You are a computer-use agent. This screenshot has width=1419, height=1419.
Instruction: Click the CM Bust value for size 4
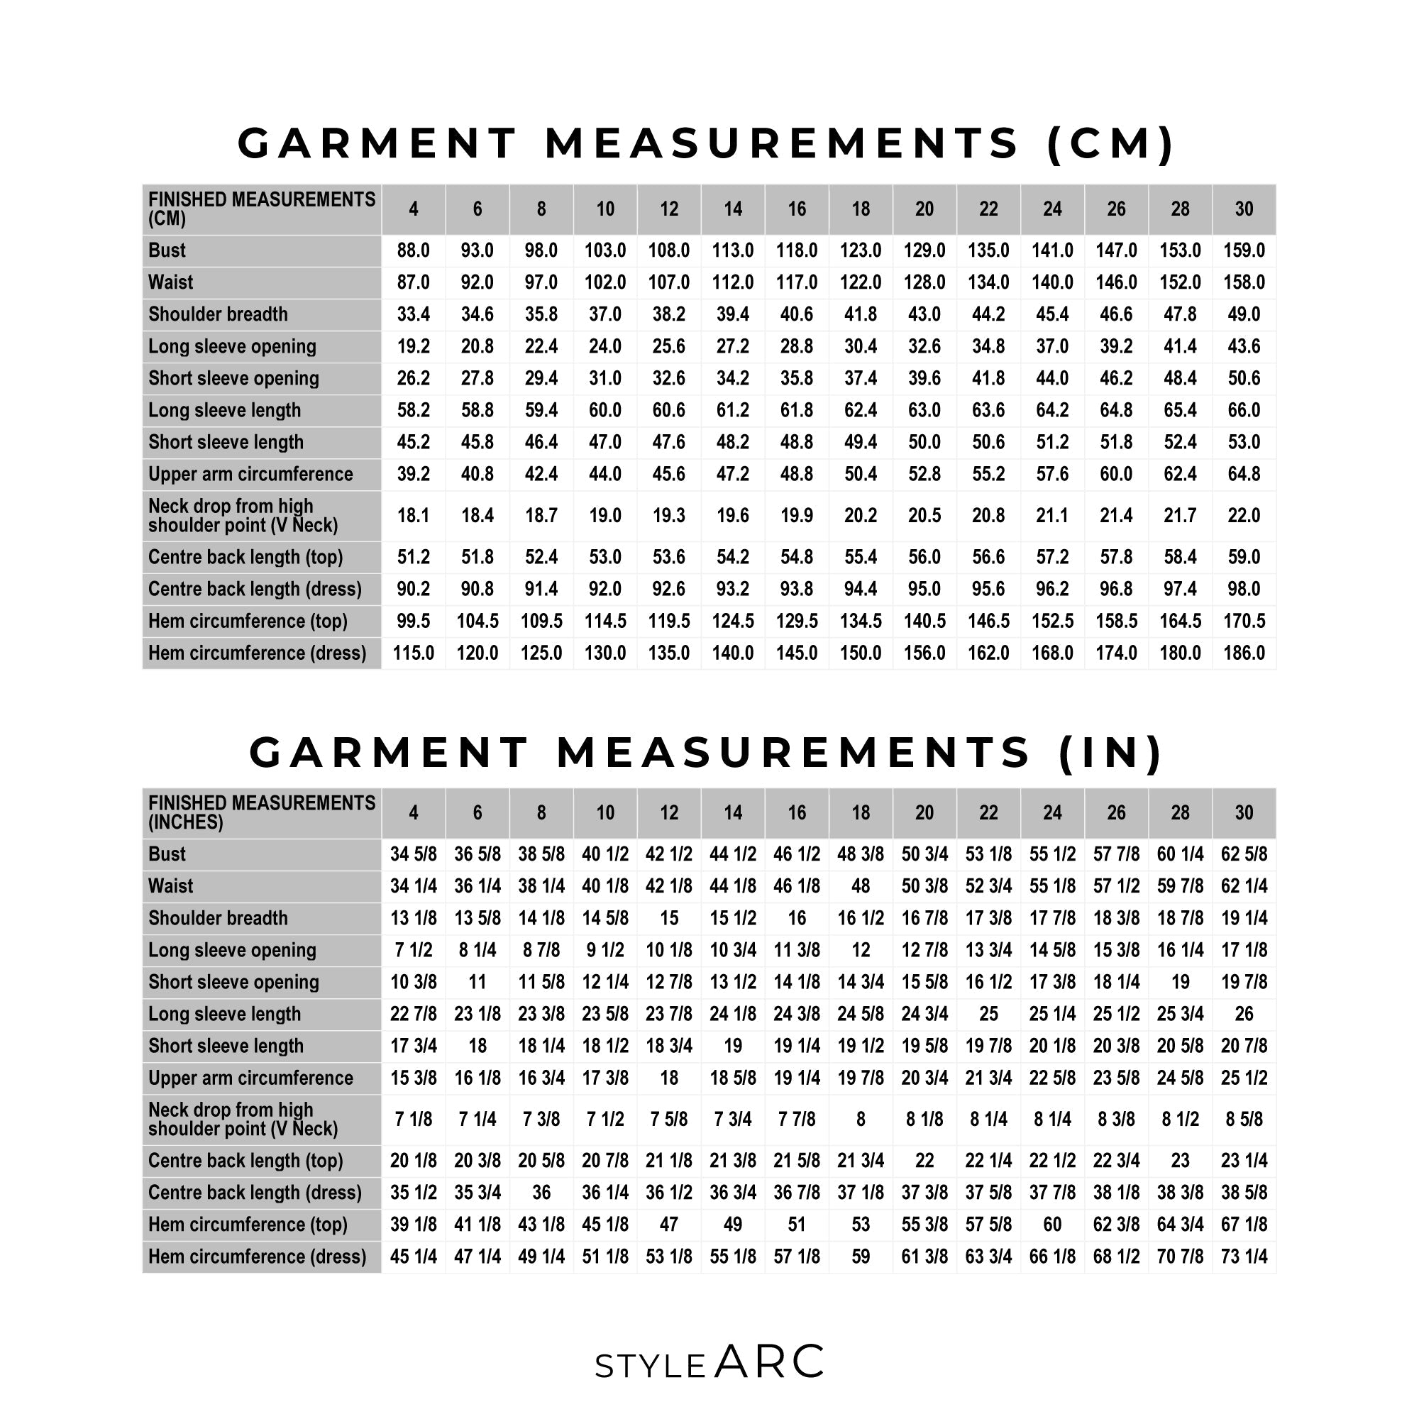coord(413,250)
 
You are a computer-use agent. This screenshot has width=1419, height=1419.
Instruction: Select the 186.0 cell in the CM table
coord(1244,653)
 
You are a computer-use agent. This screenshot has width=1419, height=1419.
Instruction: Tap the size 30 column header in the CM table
coord(1244,209)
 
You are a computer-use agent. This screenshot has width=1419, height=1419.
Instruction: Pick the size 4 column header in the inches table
coord(413,813)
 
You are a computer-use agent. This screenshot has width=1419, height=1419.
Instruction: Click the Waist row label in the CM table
coord(170,283)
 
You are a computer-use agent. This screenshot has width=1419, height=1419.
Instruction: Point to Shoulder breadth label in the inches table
coord(218,918)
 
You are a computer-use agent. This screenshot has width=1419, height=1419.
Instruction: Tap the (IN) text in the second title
coord(1110,753)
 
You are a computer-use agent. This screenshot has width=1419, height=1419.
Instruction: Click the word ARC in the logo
coord(770,1362)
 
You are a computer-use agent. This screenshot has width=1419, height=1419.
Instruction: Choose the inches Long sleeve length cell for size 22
coord(988,1015)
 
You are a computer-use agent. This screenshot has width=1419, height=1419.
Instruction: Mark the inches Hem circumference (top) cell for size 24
coord(1051,1225)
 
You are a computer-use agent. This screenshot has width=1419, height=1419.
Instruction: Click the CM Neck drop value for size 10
coord(604,516)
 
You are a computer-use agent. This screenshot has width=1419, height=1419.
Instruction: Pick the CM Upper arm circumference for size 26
coord(1115,475)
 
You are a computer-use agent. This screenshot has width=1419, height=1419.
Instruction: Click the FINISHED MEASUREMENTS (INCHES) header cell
coord(262,813)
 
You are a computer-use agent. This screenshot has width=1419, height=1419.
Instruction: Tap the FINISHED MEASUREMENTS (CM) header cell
coord(262,209)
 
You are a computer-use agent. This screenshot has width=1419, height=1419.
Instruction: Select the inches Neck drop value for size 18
coord(860,1120)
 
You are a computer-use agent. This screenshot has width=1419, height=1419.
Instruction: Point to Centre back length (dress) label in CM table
coord(255,589)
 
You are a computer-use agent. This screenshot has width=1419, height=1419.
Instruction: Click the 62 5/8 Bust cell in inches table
coord(1244,854)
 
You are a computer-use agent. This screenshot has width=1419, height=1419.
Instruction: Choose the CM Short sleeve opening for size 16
coord(796,378)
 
